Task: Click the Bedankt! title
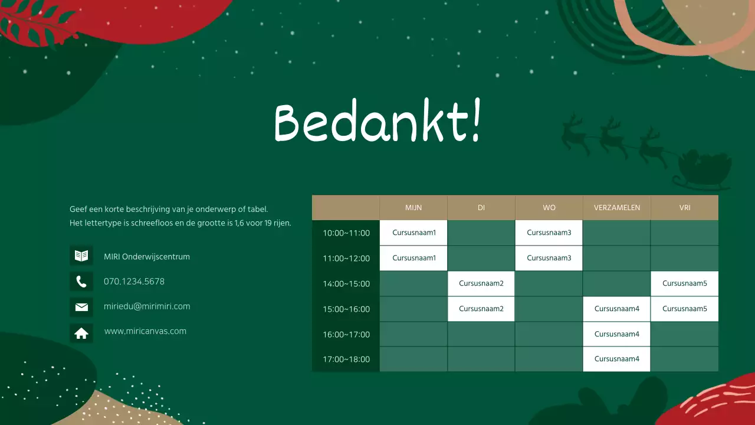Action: (x=377, y=122)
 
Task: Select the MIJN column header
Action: (x=413, y=208)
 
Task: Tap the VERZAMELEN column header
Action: (x=617, y=208)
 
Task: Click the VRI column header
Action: (x=684, y=208)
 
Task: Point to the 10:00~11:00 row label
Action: (x=346, y=233)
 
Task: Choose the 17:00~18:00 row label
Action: (x=346, y=359)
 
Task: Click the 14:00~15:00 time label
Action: (x=346, y=284)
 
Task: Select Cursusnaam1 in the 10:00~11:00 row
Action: (x=414, y=233)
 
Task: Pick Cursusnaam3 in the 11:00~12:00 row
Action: (x=549, y=258)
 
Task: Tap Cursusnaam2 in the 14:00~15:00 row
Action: (x=481, y=283)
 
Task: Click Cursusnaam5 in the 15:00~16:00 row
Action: (x=684, y=309)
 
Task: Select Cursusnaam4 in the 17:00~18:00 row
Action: (x=617, y=359)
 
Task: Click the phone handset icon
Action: (x=81, y=282)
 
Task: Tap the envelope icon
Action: (x=81, y=307)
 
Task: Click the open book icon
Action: (x=81, y=256)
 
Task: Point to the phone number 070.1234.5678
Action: (x=134, y=282)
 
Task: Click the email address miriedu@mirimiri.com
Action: (x=147, y=306)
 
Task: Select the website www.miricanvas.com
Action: (x=145, y=331)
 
